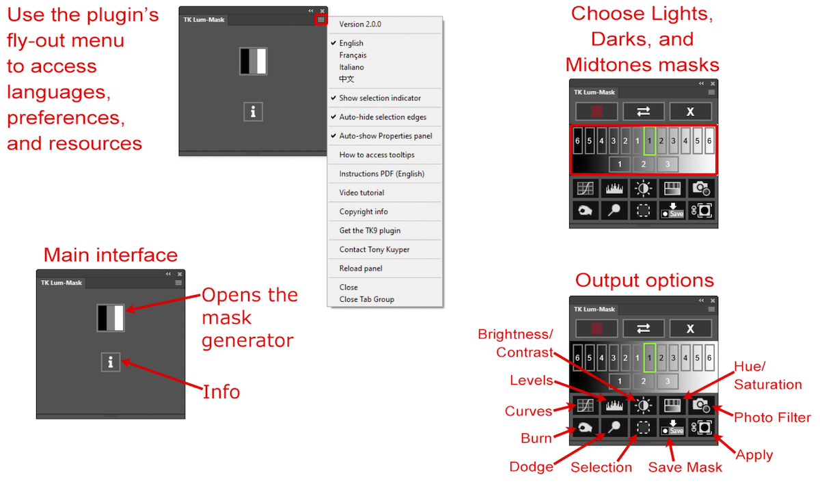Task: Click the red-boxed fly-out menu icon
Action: click(321, 20)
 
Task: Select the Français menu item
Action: click(353, 55)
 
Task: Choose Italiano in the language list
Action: click(351, 67)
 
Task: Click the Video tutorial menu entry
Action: click(361, 193)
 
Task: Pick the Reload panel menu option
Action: click(360, 268)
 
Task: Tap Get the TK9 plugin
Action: click(370, 230)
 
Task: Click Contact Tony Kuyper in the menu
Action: click(374, 249)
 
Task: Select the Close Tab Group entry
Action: click(366, 299)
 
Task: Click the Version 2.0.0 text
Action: click(360, 24)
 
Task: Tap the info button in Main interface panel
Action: click(111, 362)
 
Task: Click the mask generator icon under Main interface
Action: click(111, 318)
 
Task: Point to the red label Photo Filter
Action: click(772, 417)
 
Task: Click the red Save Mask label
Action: click(685, 467)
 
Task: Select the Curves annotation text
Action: click(528, 411)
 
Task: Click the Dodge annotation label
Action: click(532, 467)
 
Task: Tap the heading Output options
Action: click(644, 280)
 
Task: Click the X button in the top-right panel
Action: click(690, 111)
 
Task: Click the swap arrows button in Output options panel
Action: click(643, 329)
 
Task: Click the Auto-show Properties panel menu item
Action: click(385, 136)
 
